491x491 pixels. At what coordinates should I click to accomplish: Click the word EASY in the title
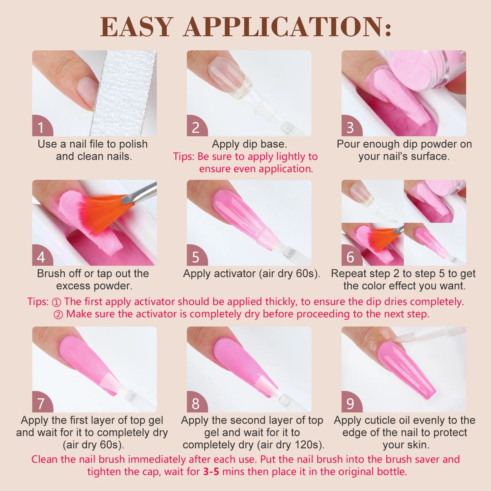pos(137,27)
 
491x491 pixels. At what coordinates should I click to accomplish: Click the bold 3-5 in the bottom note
pos(211,471)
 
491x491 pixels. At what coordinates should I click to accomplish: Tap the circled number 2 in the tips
pos(58,315)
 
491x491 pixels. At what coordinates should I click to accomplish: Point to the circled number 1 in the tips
pos(56,302)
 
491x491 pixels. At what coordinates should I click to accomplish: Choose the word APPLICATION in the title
pos(288,27)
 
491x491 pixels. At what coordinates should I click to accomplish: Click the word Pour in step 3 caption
pos(348,144)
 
